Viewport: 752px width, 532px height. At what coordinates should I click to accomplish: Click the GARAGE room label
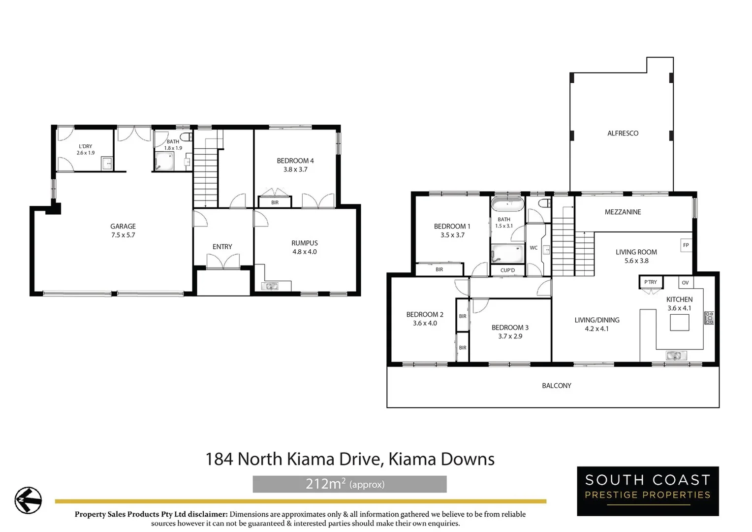pyautogui.click(x=123, y=227)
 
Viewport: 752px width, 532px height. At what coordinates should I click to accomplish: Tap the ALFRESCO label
pyautogui.click(x=623, y=133)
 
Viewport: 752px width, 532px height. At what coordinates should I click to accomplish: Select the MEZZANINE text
pyautogui.click(x=623, y=212)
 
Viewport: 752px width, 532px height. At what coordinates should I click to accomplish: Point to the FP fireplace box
pyautogui.click(x=686, y=245)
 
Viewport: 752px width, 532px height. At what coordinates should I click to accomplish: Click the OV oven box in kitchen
pyautogui.click(x=685, y=283)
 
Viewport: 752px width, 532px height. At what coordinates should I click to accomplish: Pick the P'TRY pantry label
pyautogui.click(x=650, y=282)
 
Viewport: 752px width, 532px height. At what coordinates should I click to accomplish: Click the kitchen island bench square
pyautogui.click(x=680, y=323)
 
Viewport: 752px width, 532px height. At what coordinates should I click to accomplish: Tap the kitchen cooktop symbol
pyautogui.click(x=709, y=318)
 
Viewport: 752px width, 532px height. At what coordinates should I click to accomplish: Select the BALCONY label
pyautogui.click(x=557, y=386)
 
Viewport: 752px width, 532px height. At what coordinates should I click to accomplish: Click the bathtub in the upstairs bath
pyautogui.click(x=507, y=203)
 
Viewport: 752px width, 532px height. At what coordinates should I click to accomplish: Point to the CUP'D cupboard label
pyautogui.click(x=507, y=270)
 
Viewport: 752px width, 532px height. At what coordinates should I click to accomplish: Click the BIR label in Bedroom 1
pyautogui.click(x=439, y=269)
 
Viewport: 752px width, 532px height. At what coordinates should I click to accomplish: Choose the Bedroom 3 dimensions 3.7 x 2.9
pyautogui.click(x=510, y=336)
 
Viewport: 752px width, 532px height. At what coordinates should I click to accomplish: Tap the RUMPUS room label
pyautogui.click(x=305, y=243)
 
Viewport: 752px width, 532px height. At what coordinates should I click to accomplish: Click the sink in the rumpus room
pyautogui.click(x=270, y=286)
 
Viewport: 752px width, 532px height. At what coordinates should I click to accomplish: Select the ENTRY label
pyautogui.click(x=222, y=247)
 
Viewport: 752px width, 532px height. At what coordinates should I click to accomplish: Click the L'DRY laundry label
pyautogui.click(x=86, y=146)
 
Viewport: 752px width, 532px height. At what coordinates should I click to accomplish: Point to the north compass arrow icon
pyautogui.click(x=28, y=500)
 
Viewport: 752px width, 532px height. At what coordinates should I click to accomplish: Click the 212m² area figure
pyautogui.click(x=325, y=484)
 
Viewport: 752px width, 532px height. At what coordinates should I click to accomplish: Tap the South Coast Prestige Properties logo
pyautogui.click(x=648, y=491)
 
